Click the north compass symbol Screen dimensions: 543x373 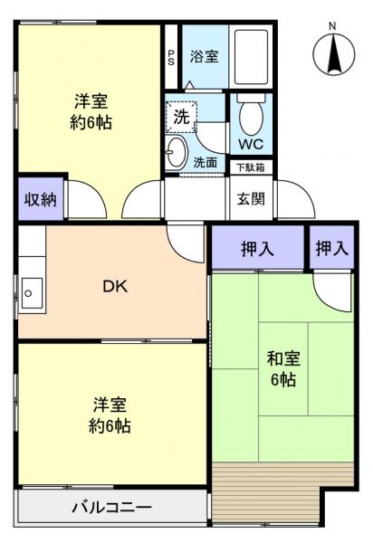point(334,54)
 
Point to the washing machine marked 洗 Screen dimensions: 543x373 point(181,117)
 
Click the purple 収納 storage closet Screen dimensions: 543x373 point(40,199)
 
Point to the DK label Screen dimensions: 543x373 point(114,287)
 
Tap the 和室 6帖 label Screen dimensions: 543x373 point(282,367)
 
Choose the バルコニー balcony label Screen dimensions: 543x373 point(112,507)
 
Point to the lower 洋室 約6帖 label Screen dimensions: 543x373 point(110,414)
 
